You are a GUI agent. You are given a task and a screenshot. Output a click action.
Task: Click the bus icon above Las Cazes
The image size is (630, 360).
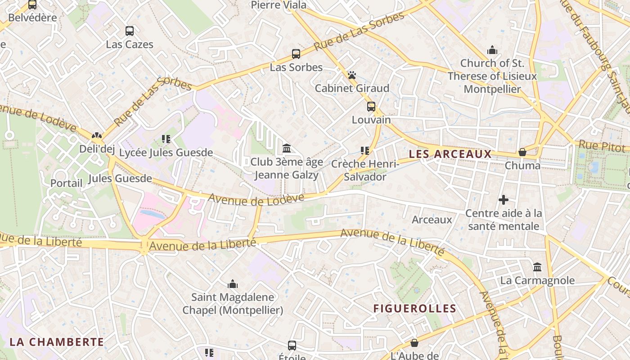[x=130, y=31]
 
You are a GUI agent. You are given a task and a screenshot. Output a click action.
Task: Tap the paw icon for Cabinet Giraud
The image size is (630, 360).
[x=352, y=75]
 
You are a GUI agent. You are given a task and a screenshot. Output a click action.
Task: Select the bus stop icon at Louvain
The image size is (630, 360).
[x=371, y=107]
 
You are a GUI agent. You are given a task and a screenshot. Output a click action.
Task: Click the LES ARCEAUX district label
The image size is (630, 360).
[x=450, y=154]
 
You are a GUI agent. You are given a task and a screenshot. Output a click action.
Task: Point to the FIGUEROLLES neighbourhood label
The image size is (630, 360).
[x=415, y=309]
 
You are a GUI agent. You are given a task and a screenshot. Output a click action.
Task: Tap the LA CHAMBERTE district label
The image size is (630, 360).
[x=57, y=342]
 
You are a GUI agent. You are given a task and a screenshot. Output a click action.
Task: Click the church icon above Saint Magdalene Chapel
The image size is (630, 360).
[x=233, y=284]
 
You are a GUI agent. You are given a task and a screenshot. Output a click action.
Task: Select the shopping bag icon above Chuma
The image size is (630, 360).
[x=522, y=152]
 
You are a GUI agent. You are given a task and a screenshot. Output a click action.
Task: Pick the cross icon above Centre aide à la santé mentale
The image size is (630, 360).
[x=504, y=199]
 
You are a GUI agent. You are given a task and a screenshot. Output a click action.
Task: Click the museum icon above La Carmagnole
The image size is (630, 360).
[x=537, y=267]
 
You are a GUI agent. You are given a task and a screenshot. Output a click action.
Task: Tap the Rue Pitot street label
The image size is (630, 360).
[x=602, y=146]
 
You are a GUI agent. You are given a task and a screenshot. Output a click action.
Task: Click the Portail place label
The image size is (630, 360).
[x=66, y=183]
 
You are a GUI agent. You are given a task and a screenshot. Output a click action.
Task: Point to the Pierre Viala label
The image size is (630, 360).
[x=279, y=5]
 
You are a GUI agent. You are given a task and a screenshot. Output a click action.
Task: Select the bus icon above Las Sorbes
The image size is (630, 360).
[x=296, y=54]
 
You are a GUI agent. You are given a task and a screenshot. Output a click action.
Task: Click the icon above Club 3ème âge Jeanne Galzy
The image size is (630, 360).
[x=287, y=148]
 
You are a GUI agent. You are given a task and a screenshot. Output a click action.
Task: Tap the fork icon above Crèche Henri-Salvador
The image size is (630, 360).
[x=365, y=151]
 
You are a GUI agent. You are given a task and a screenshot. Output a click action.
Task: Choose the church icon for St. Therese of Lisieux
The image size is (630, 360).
[x=492, y=49]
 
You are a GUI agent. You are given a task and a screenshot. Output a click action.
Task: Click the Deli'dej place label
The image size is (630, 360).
[x=97, y=149]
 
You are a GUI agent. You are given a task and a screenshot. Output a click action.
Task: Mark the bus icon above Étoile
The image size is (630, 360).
[x=292, y=346]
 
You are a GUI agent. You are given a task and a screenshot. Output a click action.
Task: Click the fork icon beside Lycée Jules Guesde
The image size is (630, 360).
[x=166, y=139]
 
